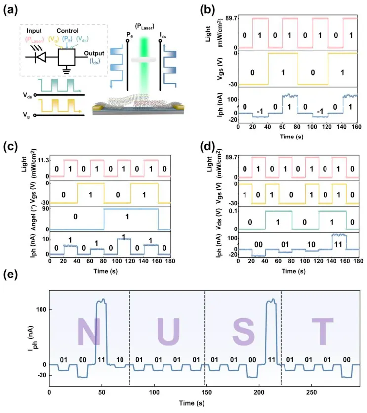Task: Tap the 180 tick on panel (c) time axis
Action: (169, 261)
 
